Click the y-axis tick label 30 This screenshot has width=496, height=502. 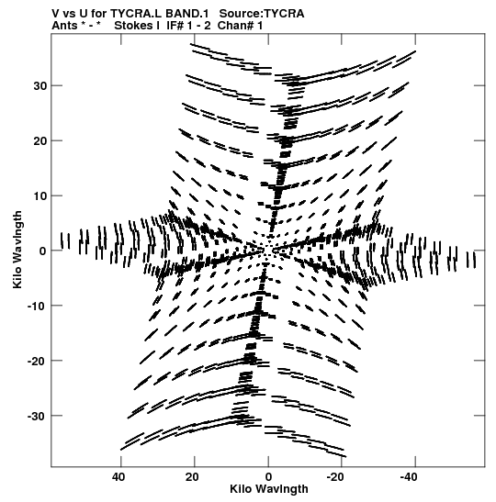pyautogui.click(x=39, y=85)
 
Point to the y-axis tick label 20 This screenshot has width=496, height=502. pyautogui.click(x=39, y=140)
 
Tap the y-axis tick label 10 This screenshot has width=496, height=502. pyautogui.click(x=39, y=195)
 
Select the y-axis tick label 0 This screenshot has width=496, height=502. pyautogui.click(x=43, y=251)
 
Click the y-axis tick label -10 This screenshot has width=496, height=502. pyautogui.click(x=37, y=307)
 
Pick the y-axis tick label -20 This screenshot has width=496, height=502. pyautogui.click(x=37, y=362)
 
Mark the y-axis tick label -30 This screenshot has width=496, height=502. pyautogui.click(x=37, y=417)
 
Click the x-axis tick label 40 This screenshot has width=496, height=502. pyautogui.click(x=118, y=477)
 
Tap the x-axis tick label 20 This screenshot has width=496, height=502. pyautogui.click(x=192, y=477)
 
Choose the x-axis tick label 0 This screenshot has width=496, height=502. pyautogui.click(x=268, y=477)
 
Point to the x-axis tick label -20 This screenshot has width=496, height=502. pyautogui.click(x=335, y=477)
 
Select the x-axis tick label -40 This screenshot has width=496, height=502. pyautogui.click(x=409, y=477)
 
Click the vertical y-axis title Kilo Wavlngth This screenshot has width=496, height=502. pyautogui.click(x=17, y=250)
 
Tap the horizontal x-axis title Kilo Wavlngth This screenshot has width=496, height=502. pyautogui.click(x=269, y=489)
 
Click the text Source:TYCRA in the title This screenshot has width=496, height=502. pyautogui.click(x=262, y=14)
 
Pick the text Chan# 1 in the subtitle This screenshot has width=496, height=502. pyautogui.click(x=240, y=26)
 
